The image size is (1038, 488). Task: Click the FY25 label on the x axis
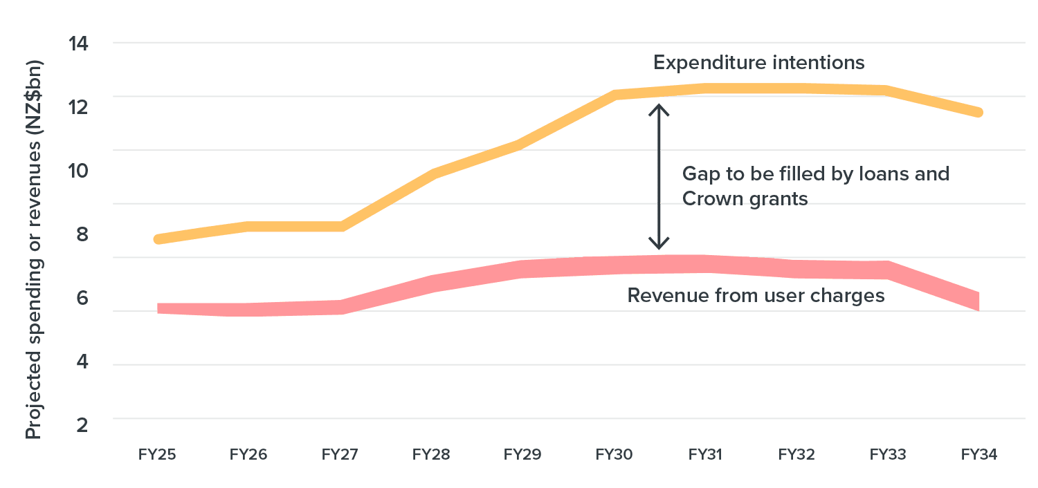tap(157, 455)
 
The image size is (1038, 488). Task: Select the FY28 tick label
tap(432, 455)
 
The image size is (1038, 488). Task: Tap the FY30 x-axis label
tap(614, 455)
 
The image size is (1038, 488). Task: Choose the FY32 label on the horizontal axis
tap(796, 455)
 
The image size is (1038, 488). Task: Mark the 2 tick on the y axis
tap(82, 424)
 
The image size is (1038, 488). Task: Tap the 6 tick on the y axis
tap(82, 298)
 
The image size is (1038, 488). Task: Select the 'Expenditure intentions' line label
tap(759, 63)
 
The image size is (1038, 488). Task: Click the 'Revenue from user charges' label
tap(756, 296)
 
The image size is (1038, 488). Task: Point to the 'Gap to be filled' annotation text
tap(815, 186)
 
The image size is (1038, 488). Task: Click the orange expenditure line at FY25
tap(158, 239)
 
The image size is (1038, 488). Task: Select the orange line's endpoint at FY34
tap(978, 112)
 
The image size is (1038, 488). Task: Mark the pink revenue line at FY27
tap(340, 307)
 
